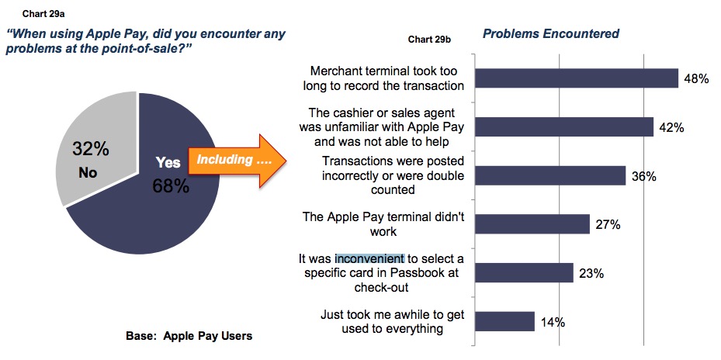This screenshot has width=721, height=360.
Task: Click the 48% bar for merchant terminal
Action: pos(577,78)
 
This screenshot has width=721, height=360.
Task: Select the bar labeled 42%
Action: pos(564,127)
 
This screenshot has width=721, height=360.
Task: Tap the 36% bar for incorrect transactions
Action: pos(550,175)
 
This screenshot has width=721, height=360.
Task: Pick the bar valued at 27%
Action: pos(532,224)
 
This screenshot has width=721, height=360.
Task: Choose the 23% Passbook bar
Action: pos(524,272)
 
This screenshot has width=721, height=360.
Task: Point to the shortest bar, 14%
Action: pos(505,321)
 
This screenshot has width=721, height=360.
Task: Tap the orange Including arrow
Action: pos(237,161)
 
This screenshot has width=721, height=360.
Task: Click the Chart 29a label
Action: pos(43,14)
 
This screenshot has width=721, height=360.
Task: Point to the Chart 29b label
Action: pos(429,40)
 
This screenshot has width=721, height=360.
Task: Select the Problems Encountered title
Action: pos(551,33)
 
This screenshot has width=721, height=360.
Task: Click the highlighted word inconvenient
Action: pos(369,259)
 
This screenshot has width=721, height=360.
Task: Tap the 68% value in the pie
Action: pos(171,186)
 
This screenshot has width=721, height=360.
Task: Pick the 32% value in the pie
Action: pos(91,150)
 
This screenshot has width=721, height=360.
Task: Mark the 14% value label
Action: pos(553,322)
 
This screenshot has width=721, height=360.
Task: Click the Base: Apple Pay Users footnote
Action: pos(189,336)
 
